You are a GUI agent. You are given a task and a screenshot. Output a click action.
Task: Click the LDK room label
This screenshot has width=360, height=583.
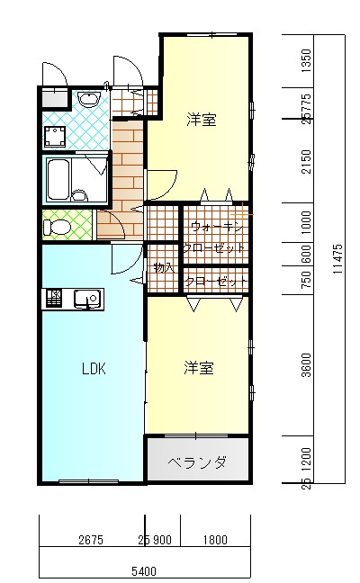coord(94,368)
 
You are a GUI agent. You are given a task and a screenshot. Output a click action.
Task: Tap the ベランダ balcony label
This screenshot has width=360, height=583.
coord(198,463)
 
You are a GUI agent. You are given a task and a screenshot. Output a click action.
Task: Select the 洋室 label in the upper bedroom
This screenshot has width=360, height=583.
coord(202,120)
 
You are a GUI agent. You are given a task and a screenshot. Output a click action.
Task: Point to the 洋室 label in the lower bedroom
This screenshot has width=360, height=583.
coord(199,368)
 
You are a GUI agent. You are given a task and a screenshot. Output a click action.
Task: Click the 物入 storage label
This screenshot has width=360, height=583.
coord(163,267)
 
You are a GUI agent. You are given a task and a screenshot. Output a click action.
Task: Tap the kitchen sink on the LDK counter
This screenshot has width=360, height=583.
coord(88,298)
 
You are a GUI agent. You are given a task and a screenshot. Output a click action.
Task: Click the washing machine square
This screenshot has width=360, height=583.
coord(56,138)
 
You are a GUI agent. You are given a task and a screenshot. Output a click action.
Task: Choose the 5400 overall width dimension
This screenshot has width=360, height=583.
coord(144,570)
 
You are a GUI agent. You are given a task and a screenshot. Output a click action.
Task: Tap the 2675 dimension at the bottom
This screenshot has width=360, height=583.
coord(91,541)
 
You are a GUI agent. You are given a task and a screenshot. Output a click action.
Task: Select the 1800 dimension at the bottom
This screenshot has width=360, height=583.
coord(214,541)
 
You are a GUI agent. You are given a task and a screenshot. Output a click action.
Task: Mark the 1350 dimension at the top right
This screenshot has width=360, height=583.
coord(307,61)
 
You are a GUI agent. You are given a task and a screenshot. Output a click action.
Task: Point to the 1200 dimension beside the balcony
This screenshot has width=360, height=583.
coord(307,461)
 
